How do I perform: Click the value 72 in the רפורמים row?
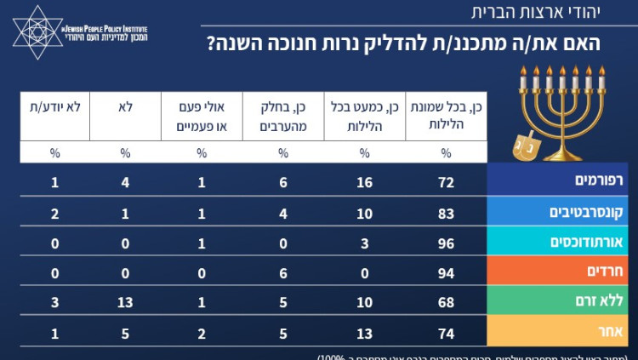click(447, 182)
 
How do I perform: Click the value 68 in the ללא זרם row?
click(447, 301)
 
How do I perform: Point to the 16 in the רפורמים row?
click(364, 182)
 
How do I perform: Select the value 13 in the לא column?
click(124, 301)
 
